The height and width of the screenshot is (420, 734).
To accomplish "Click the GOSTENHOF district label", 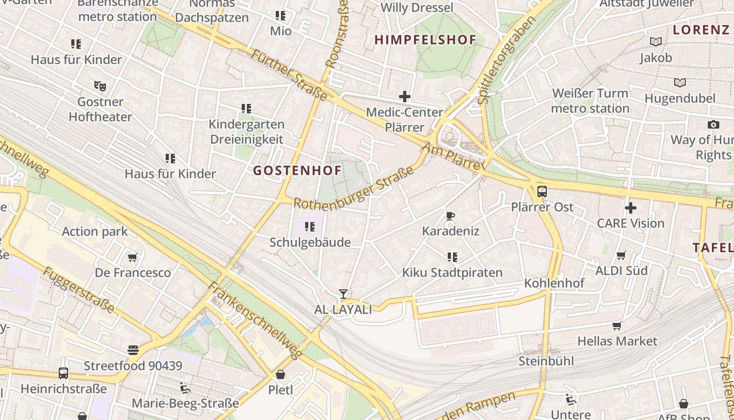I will (x=297, y=170).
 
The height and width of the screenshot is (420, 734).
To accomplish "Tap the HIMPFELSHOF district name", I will (x=425, y=40).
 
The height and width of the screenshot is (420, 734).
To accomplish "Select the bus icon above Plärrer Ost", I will (x=542, y=192).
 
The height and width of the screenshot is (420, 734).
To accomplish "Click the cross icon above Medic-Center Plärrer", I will (x=404, y=97).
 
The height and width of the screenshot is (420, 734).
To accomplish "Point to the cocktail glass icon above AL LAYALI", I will (x=343, y=294).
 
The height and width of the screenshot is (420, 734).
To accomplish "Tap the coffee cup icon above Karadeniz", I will (x=450, y=216).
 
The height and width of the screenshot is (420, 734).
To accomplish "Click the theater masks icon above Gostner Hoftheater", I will (x=100, y=86).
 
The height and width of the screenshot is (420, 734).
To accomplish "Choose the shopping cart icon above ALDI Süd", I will (x=621, y=256).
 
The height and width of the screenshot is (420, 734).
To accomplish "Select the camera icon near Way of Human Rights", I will (x=713, y=124).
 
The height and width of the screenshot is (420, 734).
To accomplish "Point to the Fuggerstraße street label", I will (x=78, y=290).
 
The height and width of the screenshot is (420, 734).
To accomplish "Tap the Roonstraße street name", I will (x=337, y=34).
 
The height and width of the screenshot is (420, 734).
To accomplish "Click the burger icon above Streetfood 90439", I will (x=133, y=350).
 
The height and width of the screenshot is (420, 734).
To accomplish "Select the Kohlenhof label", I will (x=554, y=283).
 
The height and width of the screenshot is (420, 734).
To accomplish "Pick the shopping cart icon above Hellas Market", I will (x=617, y=326).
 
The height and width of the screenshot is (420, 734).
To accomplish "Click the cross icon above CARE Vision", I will (x=630, y=208).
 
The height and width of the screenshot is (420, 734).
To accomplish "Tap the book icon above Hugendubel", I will (x=679, y=83).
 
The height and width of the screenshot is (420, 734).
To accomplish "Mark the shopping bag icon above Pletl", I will (x=280, y=375).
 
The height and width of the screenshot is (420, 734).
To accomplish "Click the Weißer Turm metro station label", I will (x=590, y=101).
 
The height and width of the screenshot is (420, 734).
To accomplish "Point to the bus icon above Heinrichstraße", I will (x=63, y=373).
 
